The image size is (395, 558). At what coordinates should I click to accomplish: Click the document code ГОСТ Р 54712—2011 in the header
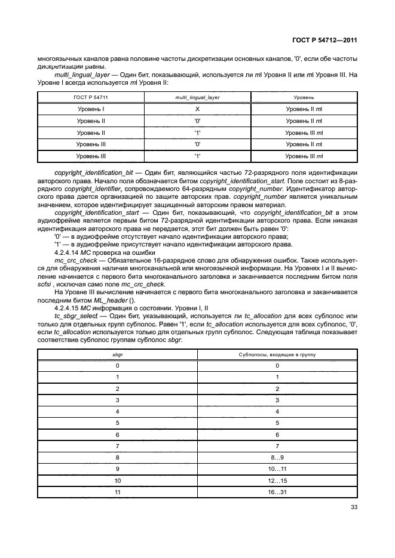click(324, 41)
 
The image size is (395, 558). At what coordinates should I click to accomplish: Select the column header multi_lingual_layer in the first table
click(197, 97)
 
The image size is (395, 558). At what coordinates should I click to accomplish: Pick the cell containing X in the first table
click(197, 109)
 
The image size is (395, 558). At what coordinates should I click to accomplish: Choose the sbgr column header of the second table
click(118, 354)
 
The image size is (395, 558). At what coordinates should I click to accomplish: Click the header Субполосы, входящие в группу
click(277, 354)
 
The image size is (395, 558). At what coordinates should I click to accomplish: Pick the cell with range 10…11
click(277, 468)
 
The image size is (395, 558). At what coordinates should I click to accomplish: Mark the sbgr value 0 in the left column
click(118, 365)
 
